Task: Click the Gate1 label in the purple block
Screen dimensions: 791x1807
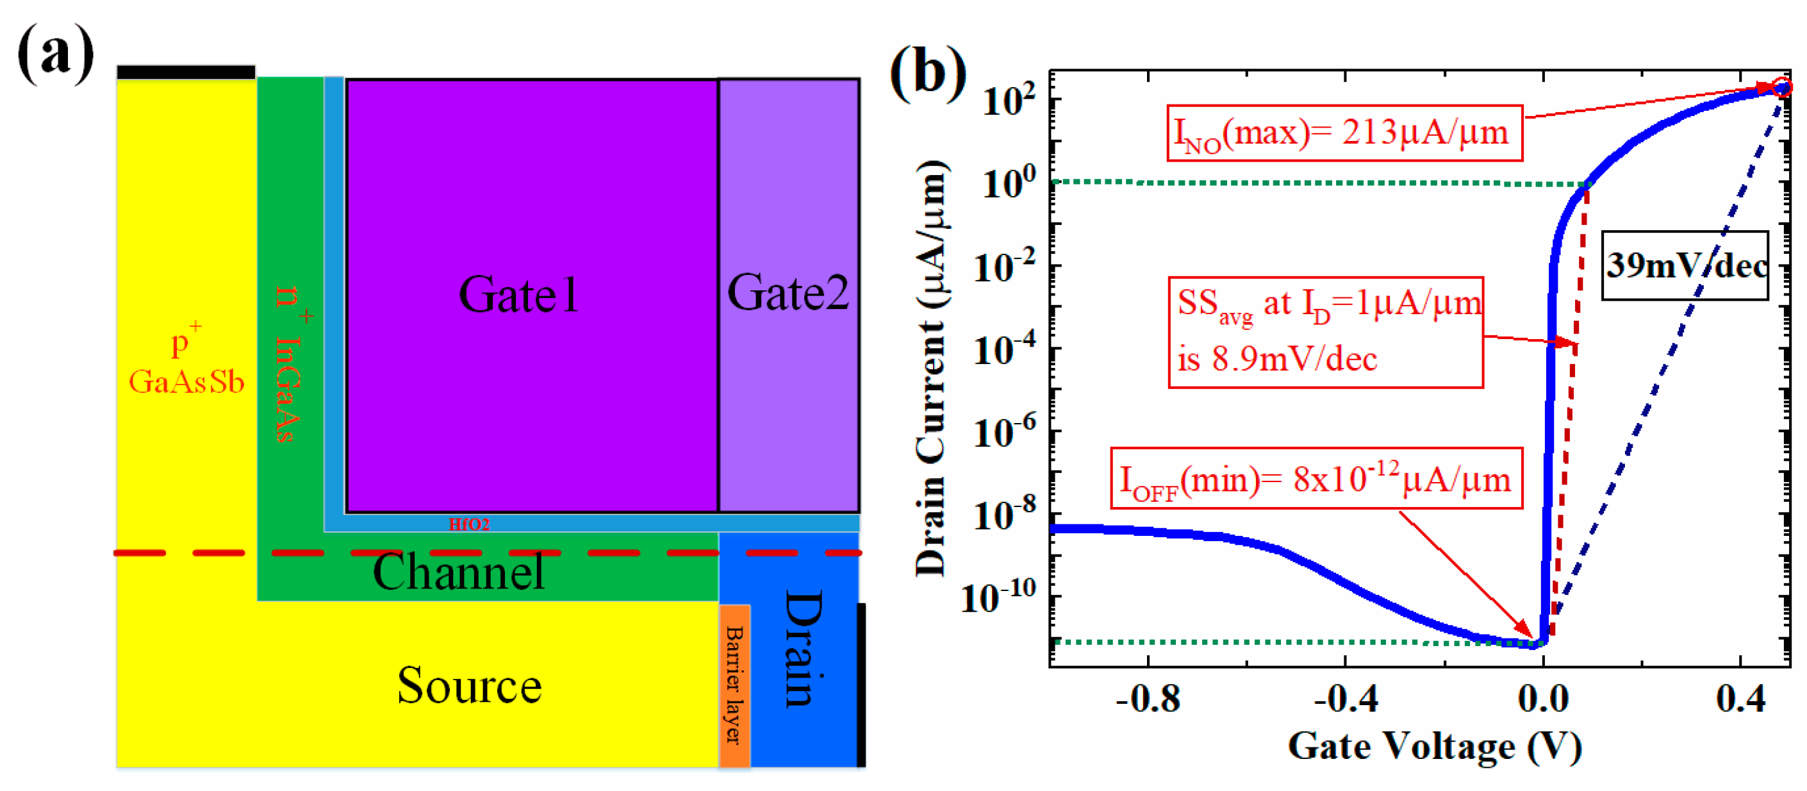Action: (x=518, y=294)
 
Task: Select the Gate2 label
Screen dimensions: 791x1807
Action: (x=788, y=293)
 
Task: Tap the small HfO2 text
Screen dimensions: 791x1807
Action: (x=468, y=524)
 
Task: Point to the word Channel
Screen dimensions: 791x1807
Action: (x=458, y=571)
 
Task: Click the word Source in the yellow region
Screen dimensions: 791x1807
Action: (x=469, y=686)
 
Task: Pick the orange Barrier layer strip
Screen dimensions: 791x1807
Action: (x=734, y=685)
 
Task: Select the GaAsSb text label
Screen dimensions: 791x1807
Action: (x=186, y=382)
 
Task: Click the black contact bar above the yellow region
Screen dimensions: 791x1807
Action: (x=186, y=72)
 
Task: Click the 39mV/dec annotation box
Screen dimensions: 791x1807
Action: (x=1684, y=265)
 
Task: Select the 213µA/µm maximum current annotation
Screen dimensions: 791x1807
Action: (x=1344, y=133)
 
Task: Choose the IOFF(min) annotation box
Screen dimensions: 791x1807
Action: (x=1316, y=479)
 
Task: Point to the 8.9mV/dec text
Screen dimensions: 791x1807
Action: (x=1276, y=360)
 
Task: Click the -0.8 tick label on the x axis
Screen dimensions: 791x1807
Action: (x=1148, y=699)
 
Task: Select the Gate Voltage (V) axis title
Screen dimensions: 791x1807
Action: (x=1435, y=746)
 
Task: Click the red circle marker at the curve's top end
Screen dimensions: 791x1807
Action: (x=1781, y=88)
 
